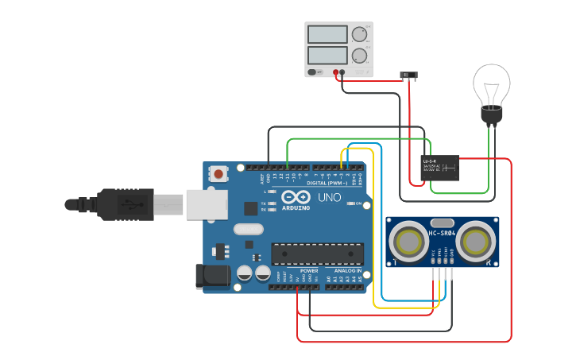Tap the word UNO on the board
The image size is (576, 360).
(329, 197)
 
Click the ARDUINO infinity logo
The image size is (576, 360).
(296, 197)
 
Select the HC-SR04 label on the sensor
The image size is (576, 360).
(443, 233)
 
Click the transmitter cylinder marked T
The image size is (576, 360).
(410, 241)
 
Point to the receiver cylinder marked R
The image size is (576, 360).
(477, 241)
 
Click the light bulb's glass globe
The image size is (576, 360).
(492, 83)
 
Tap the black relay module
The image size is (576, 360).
(440, 168)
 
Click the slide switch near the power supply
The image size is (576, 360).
(408, 76)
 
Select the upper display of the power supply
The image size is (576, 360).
(327, 34)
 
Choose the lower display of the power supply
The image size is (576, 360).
(327, 55)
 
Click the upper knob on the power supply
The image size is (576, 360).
(360, 34)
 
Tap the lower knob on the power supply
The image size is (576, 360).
(360, 56)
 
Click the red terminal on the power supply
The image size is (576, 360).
(336, 72)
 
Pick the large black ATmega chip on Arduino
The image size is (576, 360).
(318, 254)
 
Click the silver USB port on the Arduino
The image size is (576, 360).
(207, 204)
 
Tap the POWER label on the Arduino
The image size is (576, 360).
(309, 271)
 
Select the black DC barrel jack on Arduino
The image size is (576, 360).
(213, 276)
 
